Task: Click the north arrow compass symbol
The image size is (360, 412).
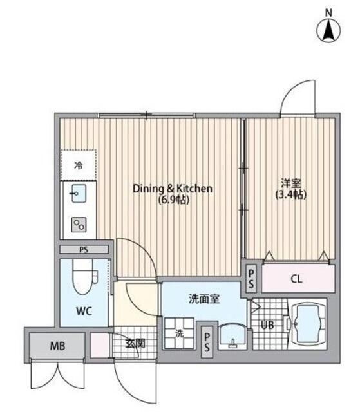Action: pyautogui.click(x=328, y=29)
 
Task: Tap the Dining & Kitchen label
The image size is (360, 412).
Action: pyautogui.click(x=173, y=189)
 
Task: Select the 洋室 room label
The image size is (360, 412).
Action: pyautogui.click(x=290, y=183)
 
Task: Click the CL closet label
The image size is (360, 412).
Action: pyautogui.click(x=297, y=279)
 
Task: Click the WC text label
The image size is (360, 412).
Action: pyautogui.click(x=84, y=312)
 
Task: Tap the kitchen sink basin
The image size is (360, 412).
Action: pyautogui.click(x=79, y=193)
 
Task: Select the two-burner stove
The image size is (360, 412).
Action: pyautogui.click(x=79, y=225)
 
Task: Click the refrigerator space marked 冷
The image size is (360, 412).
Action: pyautogui.click(x=78, y=165)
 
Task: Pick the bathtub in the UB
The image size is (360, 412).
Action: pyautogui.click(x=307, y=324)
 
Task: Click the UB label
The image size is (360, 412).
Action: pyautogui.click(x=267, y=325)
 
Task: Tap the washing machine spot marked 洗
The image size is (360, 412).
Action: pyautogui.click(x=179, y=333)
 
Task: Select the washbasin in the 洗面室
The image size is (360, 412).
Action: pyautogui.click(x=232, y=336)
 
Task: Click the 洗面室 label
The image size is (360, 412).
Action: pyautogui.click(x=204, y=299)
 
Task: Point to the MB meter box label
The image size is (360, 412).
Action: pyautogui.click(x=57, y=346)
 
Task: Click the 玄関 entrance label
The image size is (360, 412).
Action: pyautogui.click(x=135, y=343)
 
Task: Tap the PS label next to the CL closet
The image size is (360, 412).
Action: pyautogui.click(x=251, y=279)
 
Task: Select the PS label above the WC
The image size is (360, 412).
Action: pyautogui.click(x=84, y=250)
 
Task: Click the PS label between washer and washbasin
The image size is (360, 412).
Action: pyautogui.click(x=207, y=342)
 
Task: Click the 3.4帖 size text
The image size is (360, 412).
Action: pyautogui.click(x=291, y=194)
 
